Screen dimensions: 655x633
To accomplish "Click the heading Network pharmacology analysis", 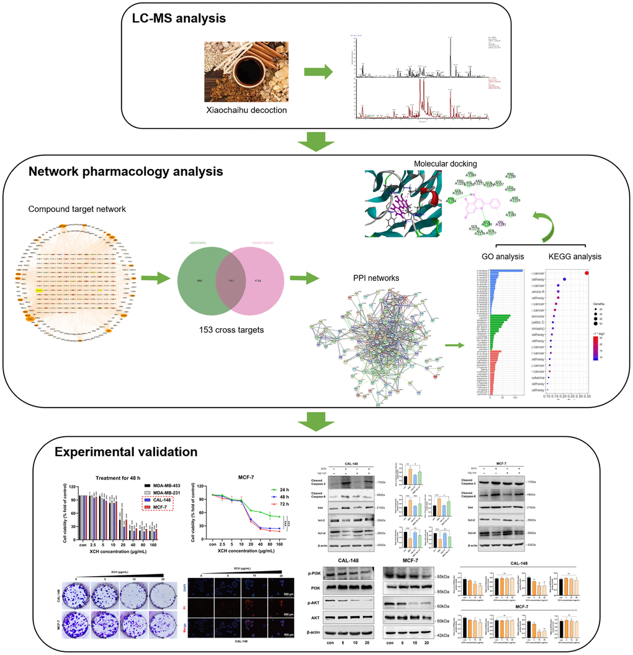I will click(x=125, y=170).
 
